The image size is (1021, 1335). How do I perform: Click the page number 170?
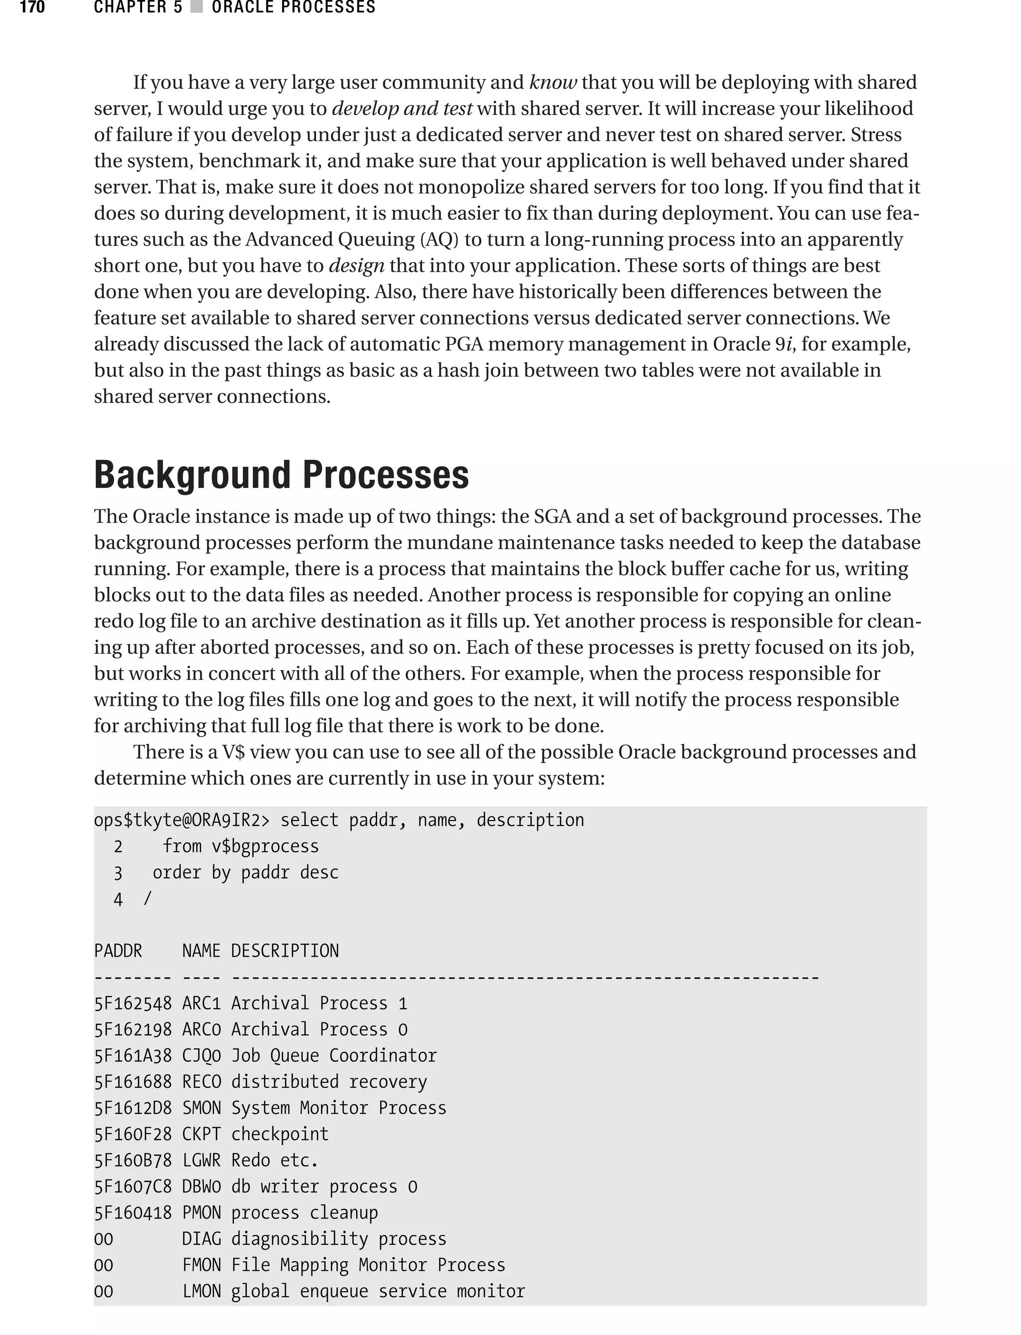[32, 8]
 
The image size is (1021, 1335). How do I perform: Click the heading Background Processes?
[281, 475]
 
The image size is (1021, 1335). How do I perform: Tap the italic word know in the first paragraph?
[552, 83]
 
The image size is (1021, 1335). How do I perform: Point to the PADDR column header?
[118, 951]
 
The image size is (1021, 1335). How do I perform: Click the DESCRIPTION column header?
[285, 951]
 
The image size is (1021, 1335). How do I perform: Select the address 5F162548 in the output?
[133, 1003]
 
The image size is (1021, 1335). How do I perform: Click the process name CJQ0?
[201, 1055]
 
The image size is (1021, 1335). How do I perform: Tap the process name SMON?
[201, 1108]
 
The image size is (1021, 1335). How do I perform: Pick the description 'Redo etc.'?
[275, 1160]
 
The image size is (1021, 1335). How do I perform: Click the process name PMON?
[201, 1212]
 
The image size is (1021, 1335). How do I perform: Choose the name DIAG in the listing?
[201, 1238]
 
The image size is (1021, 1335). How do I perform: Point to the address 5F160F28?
[133, 1134]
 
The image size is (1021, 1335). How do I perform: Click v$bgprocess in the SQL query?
[265, 846]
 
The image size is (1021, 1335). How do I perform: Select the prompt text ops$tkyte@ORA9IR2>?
[181, 821]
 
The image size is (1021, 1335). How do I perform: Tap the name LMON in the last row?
[201, 1291]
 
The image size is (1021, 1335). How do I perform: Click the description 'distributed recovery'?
[329, 1082]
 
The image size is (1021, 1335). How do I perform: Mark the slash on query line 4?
[148, 899]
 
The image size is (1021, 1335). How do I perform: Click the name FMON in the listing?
[201, 1265]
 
